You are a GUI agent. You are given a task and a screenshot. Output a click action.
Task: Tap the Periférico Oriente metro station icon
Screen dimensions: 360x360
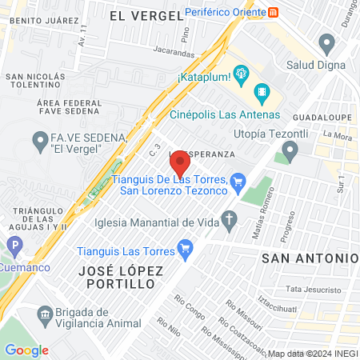(274, 12)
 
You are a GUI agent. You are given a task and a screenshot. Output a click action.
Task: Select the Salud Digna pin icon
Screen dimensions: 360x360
(326, 42)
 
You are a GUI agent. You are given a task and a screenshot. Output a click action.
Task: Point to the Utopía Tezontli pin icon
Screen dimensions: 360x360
(290, 150)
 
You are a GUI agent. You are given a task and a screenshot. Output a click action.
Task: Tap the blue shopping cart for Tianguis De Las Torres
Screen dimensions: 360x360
(237, 183)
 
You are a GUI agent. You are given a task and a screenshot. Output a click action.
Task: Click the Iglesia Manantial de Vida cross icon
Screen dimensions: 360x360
(230, 221)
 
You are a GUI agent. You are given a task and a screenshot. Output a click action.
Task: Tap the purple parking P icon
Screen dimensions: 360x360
(13, 246)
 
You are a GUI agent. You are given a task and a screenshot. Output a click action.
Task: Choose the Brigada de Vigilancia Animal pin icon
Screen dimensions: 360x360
(43, 317)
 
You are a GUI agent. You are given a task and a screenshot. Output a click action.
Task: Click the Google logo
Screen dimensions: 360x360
(26, 350)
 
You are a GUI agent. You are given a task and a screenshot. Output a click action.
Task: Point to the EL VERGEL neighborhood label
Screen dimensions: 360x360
(141, 16)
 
